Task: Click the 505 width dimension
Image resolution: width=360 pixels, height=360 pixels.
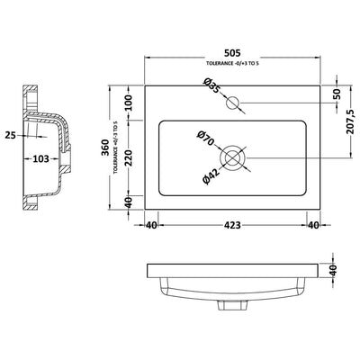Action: pos(232,53)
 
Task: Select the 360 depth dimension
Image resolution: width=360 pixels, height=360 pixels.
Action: pos(104,148)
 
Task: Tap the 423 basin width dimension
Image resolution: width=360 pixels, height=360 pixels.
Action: pos(232,225)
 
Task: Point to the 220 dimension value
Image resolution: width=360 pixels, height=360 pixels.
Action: pos(128,157)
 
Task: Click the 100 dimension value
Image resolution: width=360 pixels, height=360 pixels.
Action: pos(128,103)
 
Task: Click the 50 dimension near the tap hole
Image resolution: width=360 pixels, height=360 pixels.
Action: pos(337,94)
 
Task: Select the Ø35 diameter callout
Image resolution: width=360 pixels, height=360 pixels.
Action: pos(211,85)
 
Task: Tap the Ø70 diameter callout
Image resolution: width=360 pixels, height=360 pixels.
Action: pos(206,139)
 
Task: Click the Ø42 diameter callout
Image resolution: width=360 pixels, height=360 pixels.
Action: pos(211,176)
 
